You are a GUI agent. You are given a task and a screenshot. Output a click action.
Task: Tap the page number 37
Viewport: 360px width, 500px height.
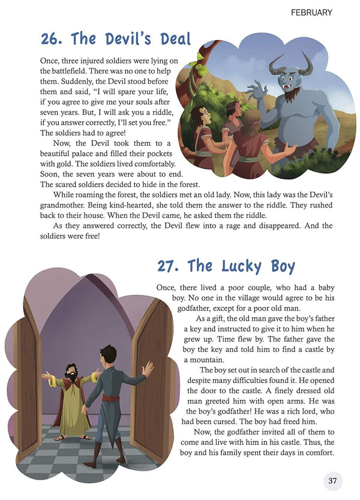[x=332, y=481]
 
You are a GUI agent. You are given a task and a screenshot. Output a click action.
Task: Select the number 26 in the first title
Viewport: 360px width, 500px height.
[x=52, y=40]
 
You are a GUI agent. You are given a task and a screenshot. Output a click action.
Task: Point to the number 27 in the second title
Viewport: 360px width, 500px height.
[x=169, y=265]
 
